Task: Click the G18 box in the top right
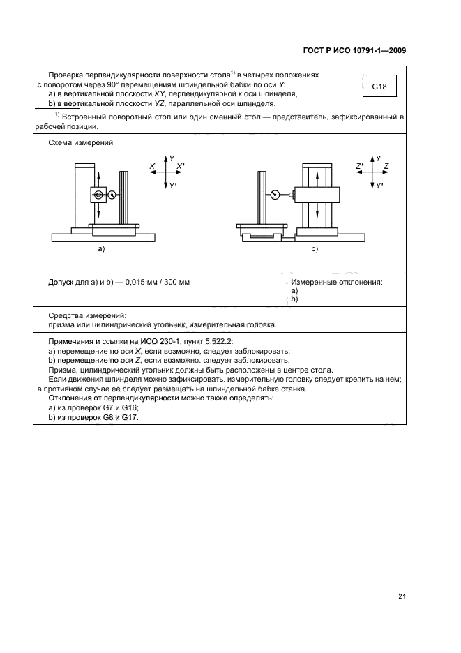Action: click(x=379, y=87)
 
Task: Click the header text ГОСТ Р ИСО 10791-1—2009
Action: click(x=354, y=50)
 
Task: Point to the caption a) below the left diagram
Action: click(x=100, y=248)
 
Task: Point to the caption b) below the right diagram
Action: click(x=314, y=248)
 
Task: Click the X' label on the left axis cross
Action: click(x=180, y=165)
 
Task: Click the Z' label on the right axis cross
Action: click(x=359, y=165)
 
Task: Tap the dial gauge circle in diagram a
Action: click(x=98, y=195)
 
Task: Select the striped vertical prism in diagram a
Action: click(x=124, y=197)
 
